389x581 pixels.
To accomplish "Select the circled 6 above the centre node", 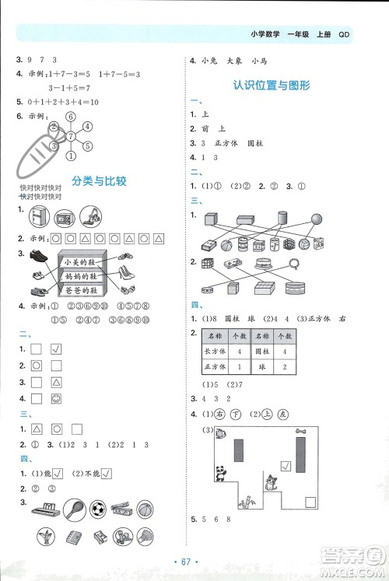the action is click(x=71, y=117).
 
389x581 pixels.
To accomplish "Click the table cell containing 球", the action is click(x=261, y=366).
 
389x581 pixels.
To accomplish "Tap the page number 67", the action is click(x=194, y=562).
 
